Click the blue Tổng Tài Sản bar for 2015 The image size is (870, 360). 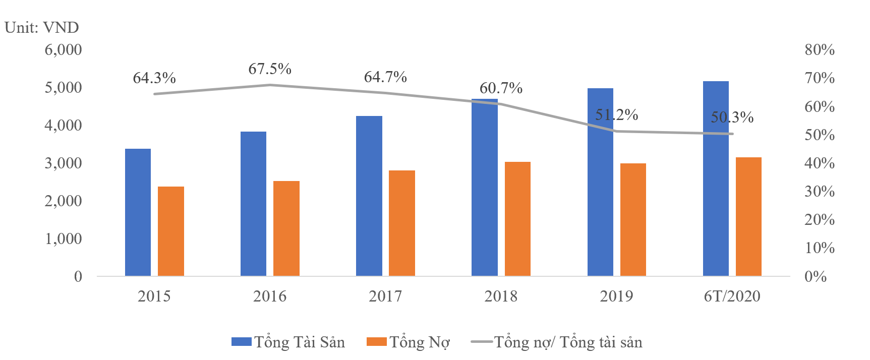138,212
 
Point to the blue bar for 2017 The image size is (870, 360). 369,196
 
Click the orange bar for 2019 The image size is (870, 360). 633,219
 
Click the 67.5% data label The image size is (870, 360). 270,69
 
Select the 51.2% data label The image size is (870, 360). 616,115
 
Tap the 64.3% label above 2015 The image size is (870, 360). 154,78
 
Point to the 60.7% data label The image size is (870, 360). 501,88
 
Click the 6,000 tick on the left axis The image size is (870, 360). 63,50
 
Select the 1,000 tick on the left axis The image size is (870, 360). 63,238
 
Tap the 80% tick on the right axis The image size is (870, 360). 820,50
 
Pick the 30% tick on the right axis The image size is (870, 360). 820,192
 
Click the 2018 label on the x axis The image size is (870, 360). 501,296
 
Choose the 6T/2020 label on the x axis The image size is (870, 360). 732,296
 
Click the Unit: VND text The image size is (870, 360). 42,27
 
